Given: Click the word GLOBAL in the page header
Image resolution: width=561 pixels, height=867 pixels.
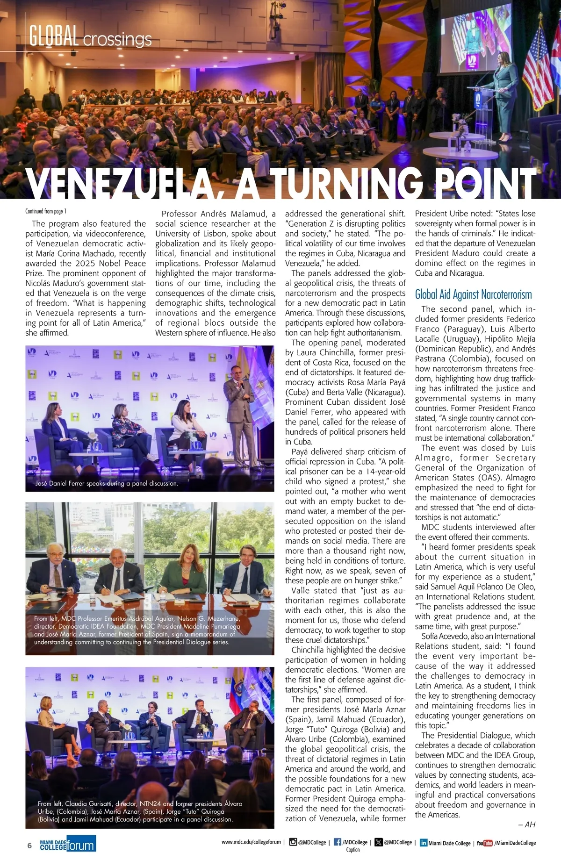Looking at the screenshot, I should [x=53, y=36].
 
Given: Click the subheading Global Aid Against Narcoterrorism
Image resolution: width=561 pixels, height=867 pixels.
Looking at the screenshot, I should [x=473, y=294].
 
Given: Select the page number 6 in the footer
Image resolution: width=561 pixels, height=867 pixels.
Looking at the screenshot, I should [x=29, y=845].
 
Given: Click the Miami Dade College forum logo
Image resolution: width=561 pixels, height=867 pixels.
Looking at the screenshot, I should [x=68, y=844].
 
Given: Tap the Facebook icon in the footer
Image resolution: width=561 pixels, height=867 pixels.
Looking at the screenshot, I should [x=337, y=842].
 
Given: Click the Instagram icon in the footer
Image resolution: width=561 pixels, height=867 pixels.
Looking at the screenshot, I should [x=293, y=842].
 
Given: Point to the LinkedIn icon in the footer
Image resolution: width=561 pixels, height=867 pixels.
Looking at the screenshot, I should [x=424, y=843].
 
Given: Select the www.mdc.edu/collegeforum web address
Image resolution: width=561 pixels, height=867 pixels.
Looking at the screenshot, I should [x=251, y=842].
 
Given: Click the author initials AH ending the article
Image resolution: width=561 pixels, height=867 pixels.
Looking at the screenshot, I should [x=530, y=824].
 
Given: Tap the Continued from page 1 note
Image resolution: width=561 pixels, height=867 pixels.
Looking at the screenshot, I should [x=46, y=211].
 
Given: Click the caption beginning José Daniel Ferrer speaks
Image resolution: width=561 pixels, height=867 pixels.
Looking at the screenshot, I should [x=107, y=483].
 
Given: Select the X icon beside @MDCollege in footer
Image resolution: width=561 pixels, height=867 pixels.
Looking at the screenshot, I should [x=378, y=842].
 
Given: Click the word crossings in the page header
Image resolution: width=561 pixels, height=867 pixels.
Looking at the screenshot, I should [x=117, y=39].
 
